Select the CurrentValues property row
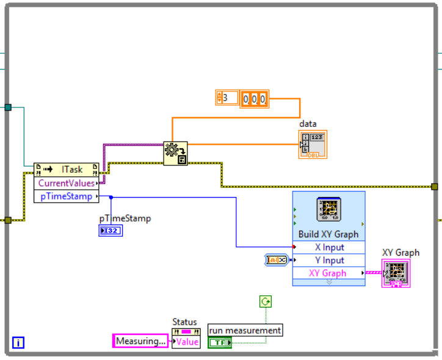pyautogui.click(x=66, y=183)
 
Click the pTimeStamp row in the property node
pyautogui.click(x=66, y=196)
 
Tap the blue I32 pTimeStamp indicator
pyautogui.click(x=111, y=231)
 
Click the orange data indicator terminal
pyautogui.click(x=313, y=145)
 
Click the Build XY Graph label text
pyautogui.click(x=328, y=234)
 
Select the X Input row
pyautogui.click(x=329, y=247)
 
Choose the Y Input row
pyautogui.click(x=329, y=261)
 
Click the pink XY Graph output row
pyautogui.click(x=329, y=273)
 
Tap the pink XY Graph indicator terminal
pyautogui.click(x=396, y=272)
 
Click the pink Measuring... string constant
pyautogui.click(x=140, y=341)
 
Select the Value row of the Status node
pyautogui.click(x=186, y=342)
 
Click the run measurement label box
pyautogui.click(x=245, y=330)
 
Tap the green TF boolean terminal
pyautogui.click(x=220, y=343)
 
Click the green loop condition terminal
pyautogui.click(x=266, y=301)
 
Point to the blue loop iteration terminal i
pyautogui.click(x=18, y=343)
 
